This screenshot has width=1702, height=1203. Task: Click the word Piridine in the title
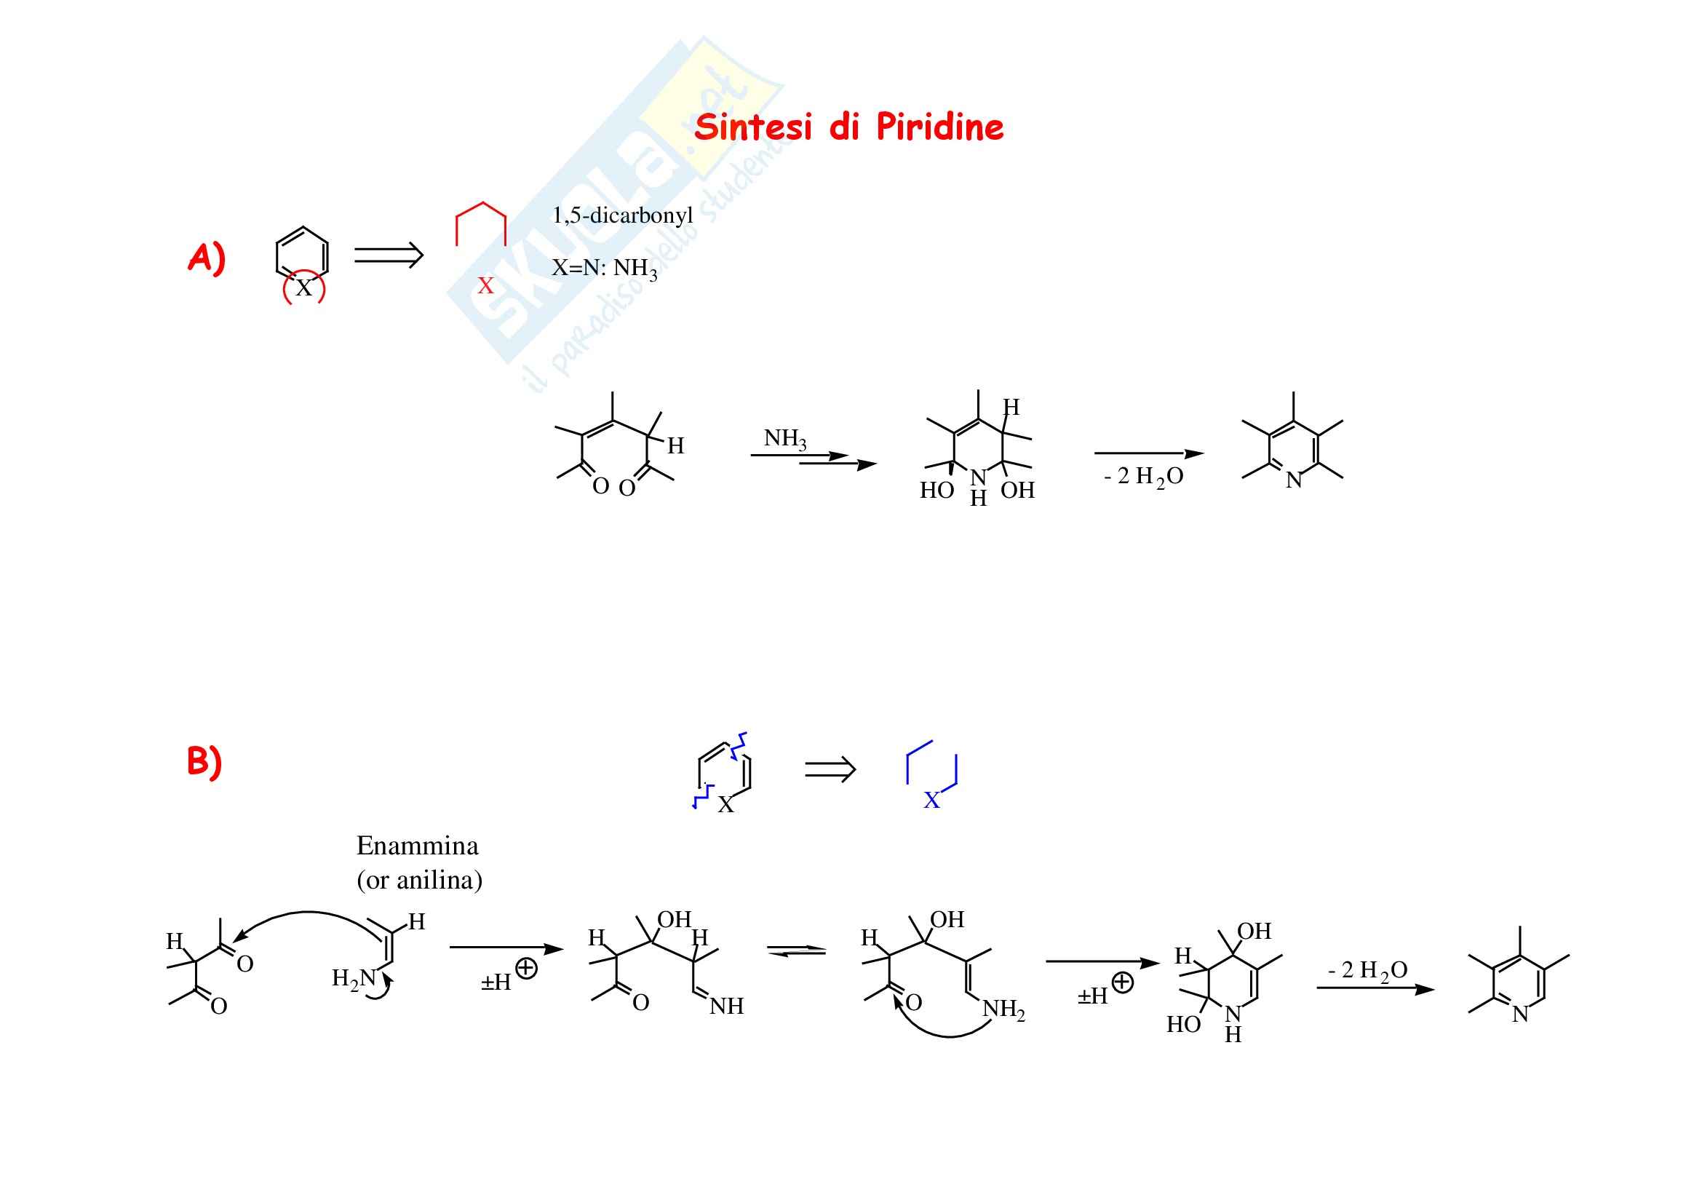[939, 127]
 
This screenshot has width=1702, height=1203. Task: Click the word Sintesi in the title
[754, 127]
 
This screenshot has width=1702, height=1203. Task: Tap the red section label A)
[206, 258]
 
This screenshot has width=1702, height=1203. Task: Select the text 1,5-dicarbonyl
[622, 215]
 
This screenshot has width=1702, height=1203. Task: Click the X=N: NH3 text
[603, 269]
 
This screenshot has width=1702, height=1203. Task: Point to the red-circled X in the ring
[304, 288]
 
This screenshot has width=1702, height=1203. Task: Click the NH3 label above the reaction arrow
[784, 439]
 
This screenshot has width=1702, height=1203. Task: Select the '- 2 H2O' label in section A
[1143, 477]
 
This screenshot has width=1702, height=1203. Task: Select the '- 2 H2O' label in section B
[1367, 970]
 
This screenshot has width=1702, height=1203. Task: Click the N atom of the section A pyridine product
[1294, 481]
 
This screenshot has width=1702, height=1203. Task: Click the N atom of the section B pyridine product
[1519, 1015]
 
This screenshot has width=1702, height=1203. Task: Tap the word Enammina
[417, 846]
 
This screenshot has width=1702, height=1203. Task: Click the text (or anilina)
[419, 880]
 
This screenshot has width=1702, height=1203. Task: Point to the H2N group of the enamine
[354, 979]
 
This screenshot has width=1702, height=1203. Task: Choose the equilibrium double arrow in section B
[796, 951]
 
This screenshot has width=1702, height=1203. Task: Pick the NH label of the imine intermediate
[725, 1006]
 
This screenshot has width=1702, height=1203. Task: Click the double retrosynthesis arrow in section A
[389, 255]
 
